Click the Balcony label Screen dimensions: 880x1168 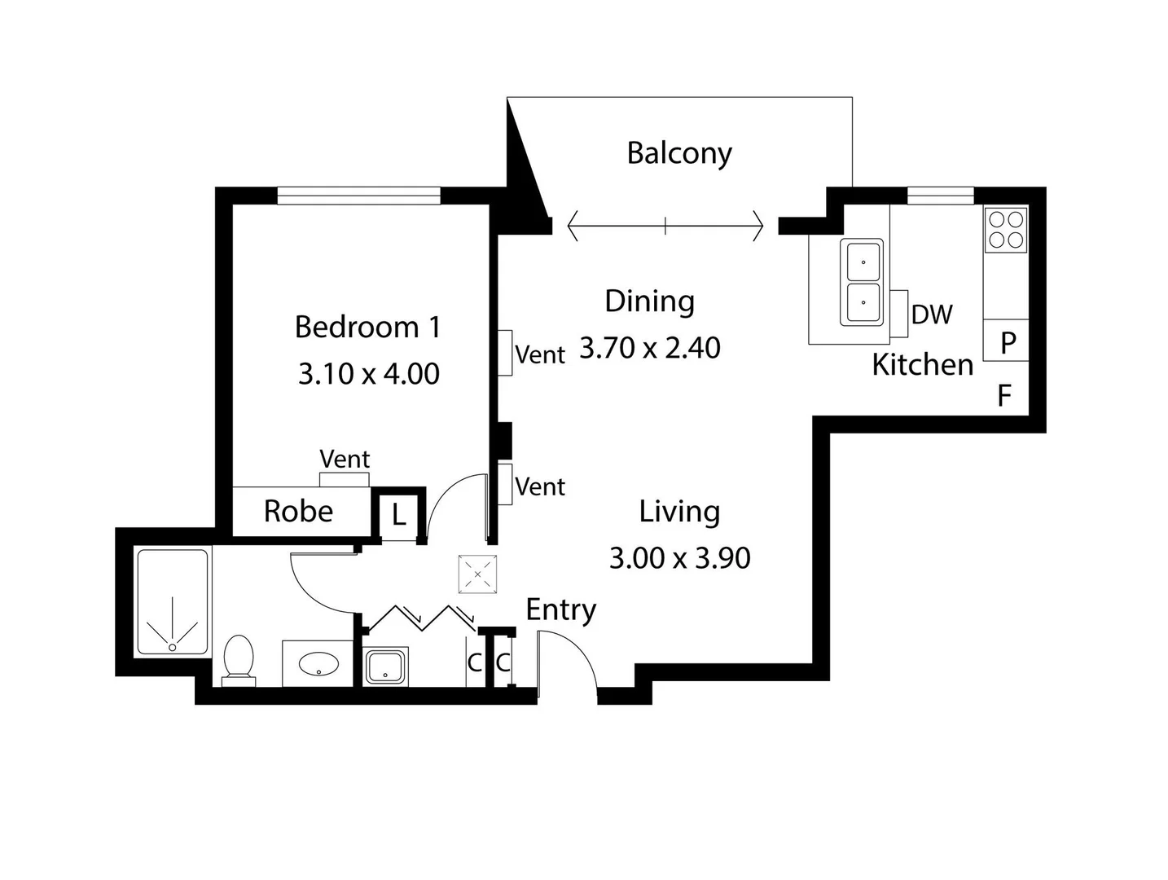coord(679,153)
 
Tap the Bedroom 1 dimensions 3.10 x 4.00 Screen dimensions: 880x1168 coord(369,374)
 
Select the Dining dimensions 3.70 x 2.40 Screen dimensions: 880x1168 coord(650,348)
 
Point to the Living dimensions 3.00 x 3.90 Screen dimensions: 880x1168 coord(679,558)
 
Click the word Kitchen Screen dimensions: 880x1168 coord(922,365)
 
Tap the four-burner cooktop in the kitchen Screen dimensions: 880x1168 coord(1006,230)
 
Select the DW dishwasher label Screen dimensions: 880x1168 coord(932,315)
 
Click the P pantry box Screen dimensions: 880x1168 coord(1008,342)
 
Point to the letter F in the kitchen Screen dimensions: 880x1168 coord(1005,397)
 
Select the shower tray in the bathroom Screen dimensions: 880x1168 coord(172,603)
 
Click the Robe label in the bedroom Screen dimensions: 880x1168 coord(298,512)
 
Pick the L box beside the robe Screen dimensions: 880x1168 coord(398,515)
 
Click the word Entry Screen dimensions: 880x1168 coord(560,609)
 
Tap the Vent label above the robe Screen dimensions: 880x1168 coord(345,460)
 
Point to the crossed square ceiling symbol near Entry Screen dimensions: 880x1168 coord(477,574)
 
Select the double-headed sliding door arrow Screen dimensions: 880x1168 coord(665,226)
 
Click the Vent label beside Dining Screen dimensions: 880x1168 coord(540,355)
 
